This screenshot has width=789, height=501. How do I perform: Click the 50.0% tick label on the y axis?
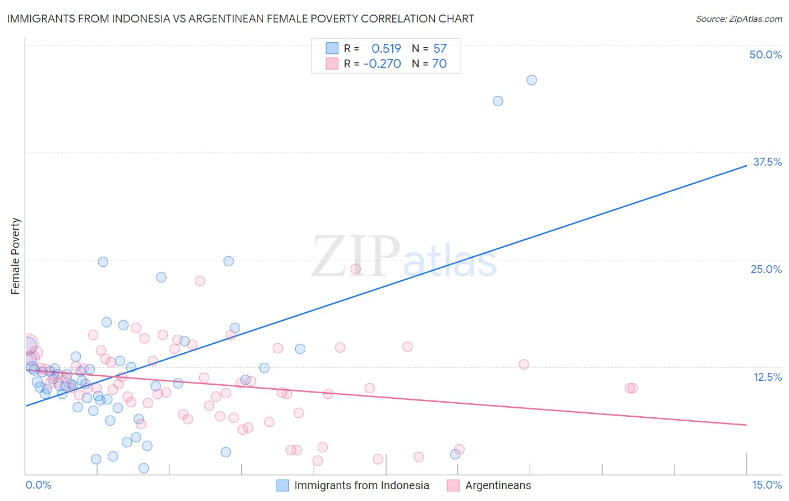click(x=765, y=54)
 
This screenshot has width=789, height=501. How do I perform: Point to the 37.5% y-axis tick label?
click(x=767, y=162)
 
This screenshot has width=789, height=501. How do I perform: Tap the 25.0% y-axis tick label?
click(x=766, y=269)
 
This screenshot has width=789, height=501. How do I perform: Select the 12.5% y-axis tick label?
click(x=767, y=377)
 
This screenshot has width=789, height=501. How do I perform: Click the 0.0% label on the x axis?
click(x=38, y=485)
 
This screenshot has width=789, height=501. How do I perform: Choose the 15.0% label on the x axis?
click(x=767, y=485)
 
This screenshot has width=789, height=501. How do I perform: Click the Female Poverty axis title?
click(x=15, y=256)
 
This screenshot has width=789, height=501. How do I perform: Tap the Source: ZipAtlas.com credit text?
click(x=738, y=19)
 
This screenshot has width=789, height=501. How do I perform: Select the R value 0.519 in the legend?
click(x=386, y=48)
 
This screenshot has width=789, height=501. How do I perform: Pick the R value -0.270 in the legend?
click(x=382, y=64)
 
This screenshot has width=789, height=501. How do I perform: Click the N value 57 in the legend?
click(x=440, y=48)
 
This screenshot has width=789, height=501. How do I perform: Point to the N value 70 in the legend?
click(x=439, y=64)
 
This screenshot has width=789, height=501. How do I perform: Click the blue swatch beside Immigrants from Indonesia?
click(x=282, y=485)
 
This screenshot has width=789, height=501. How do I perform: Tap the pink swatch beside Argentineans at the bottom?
click(x=453, y=485)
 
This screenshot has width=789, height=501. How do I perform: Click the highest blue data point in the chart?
click(x=531, y=80)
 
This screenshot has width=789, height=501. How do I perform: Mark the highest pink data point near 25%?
click(x=355, y=268)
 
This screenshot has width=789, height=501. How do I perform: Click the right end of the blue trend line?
click(x=746, y=165)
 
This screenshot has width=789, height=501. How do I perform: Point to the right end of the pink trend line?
click(x=746, y=425)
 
